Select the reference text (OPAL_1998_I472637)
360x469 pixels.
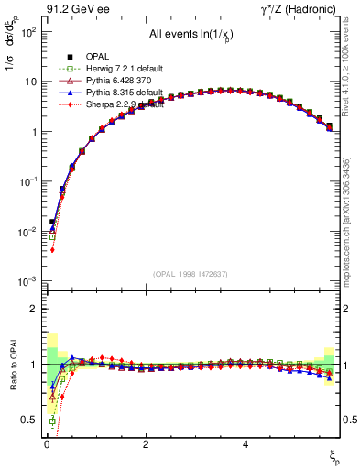(x=191, y=274)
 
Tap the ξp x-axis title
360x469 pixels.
(x=335, y=455)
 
